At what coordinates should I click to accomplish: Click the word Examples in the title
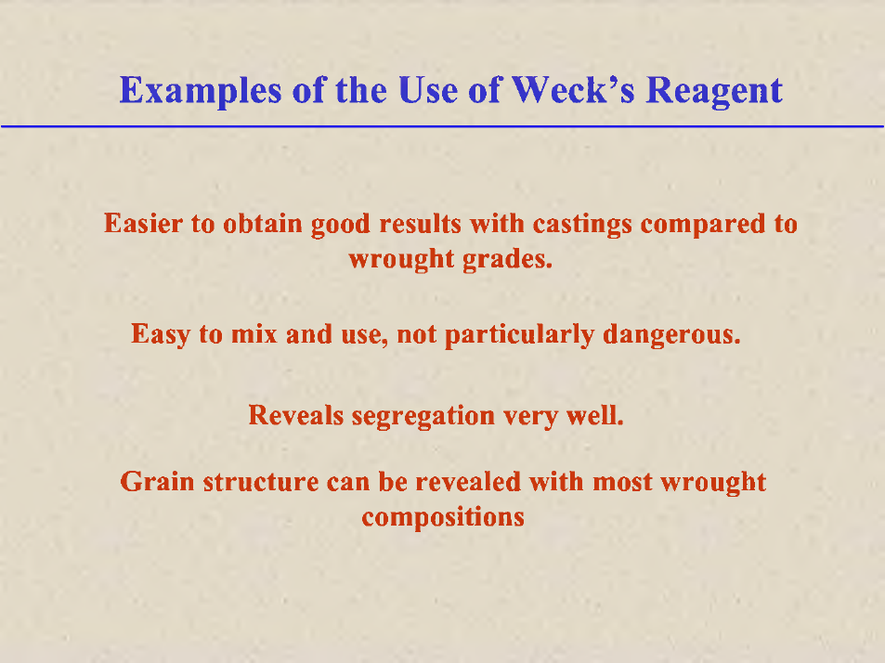click(201, 91)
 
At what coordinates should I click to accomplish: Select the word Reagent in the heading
click(714, 91)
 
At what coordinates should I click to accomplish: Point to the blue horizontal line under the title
click(442, 126)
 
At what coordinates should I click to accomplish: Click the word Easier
click(143, 224)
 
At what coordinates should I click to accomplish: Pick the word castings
click(582, 225)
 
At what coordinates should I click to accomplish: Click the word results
click(421, 224)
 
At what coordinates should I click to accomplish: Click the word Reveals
click(295, 415)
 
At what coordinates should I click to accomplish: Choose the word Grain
click(157, 482)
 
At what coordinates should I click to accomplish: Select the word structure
click(261, 483)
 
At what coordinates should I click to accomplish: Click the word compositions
click(443, 518)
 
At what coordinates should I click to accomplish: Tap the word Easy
click(161, 335)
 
